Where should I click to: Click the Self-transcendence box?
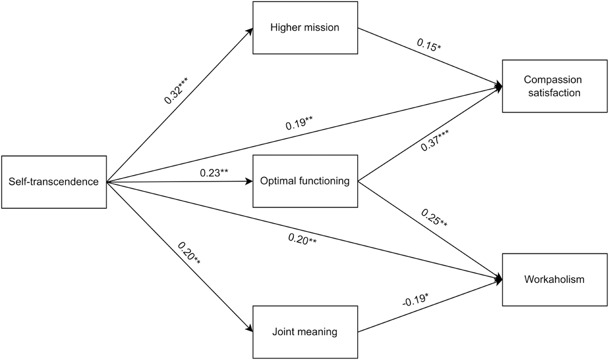coord(54,182)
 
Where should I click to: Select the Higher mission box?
coord(304,27)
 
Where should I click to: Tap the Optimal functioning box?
coord(304,181)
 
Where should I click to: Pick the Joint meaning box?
coord(304,332)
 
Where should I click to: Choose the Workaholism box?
coord(554,279)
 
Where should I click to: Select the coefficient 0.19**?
coord(300,123)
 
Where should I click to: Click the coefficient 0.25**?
coord(434,217)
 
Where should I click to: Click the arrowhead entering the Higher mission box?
coord(249,30)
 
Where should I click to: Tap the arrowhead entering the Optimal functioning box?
coord(249,181)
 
